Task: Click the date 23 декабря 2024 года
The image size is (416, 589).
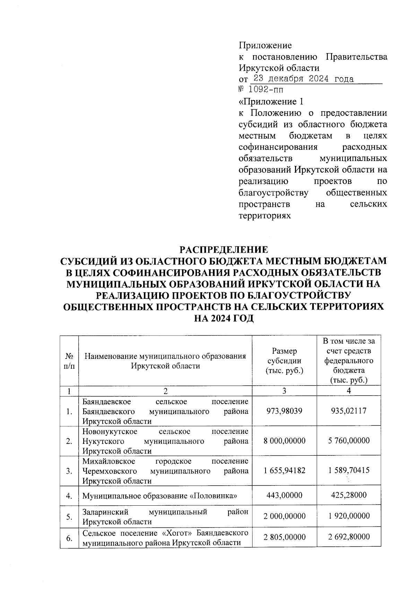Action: tap(303, 79)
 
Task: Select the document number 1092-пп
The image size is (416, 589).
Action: tap(266, 90)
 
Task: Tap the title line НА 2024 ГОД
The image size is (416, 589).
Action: tap(223, 318)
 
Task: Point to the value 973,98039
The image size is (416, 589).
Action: tap(284, 411)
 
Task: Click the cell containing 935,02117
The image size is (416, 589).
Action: tap(349, 411)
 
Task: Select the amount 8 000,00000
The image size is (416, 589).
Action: tap(284, 441)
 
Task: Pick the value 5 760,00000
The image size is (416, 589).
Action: tap(349, 441)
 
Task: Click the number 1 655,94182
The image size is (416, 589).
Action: tap(284, 471)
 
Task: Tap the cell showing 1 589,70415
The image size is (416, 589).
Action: tap(349, 471)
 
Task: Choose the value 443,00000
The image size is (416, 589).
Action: tap(284, 495)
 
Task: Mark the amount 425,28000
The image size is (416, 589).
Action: tap(349, 495)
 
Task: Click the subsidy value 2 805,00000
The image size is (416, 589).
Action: tap(284, 537)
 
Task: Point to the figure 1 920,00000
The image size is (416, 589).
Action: tap(349, 516)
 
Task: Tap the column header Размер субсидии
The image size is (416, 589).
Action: tap(284, 361)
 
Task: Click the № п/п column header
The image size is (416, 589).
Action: tap(69, 361)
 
